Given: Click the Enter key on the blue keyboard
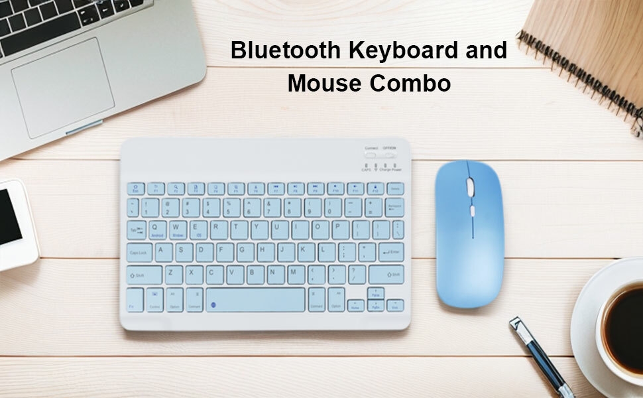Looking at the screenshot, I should click(x=390, y=251).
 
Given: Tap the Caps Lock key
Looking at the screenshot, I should click(x=140, y=252).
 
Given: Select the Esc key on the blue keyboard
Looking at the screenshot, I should click(x=135, y=188).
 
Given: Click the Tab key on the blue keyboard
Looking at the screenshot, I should click(x=136, y=230).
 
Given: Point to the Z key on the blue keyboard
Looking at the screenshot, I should click(x=171, y=273).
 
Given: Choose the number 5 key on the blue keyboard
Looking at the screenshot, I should click(x=231, y=208).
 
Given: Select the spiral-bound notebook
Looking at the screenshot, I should click(x=590, y=46).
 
